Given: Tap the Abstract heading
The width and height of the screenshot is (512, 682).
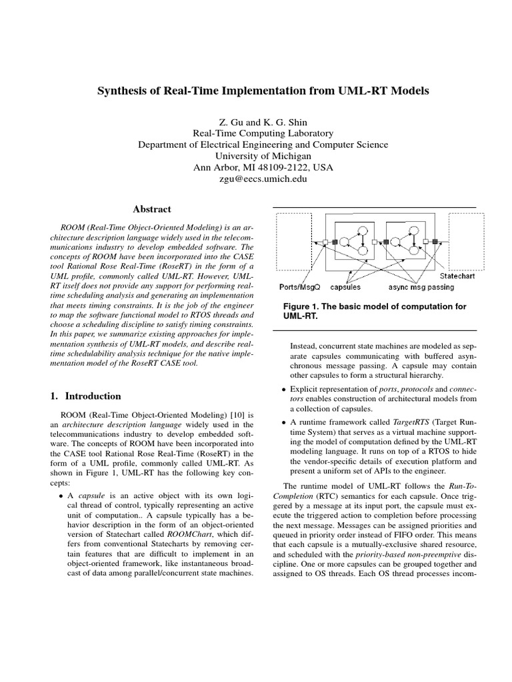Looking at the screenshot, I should tap(151, 209).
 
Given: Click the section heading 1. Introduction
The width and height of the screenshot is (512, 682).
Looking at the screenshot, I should tap(86, 396).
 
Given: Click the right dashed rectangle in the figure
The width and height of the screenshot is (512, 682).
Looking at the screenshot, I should tap(462, 241).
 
